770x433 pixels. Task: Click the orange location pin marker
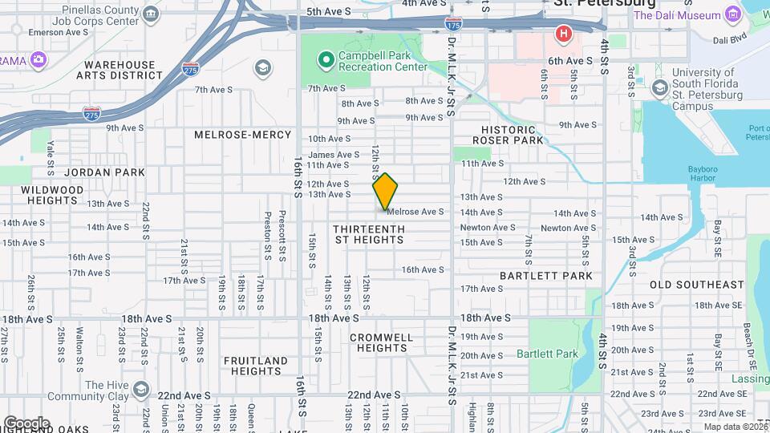pos(386,191)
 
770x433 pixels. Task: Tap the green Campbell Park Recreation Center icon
pos(325,59)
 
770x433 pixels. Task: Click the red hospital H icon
pos(563,34)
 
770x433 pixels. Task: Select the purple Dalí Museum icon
pos(732,14)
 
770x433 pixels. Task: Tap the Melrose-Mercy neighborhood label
pos(237,135)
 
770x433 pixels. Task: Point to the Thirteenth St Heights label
pos(369,234)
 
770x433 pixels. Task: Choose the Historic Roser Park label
pos(509,135)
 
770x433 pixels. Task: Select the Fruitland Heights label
pos(256,366)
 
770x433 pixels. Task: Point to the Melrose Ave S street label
pos(415,212)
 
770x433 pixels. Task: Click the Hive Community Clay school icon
pos(141,390)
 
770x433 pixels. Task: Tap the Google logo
pos(26,423)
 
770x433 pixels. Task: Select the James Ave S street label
pos(334,155)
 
